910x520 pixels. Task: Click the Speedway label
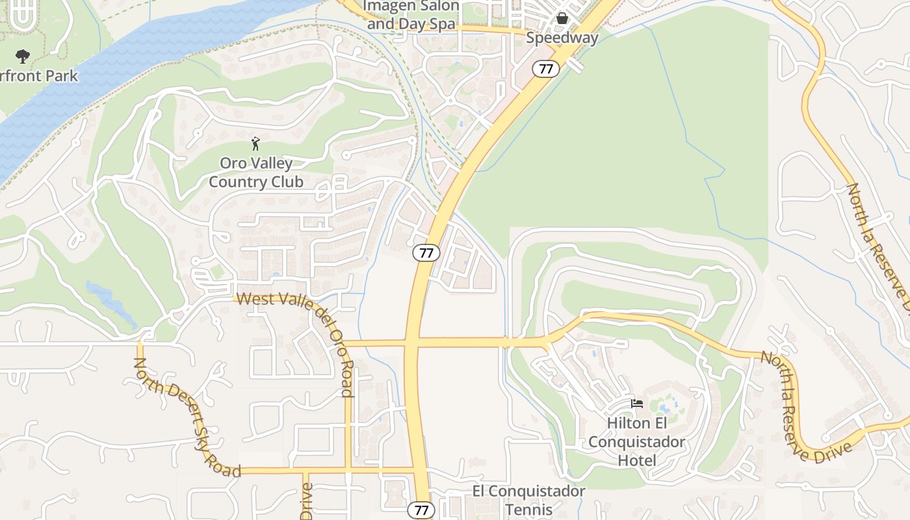(x=562, y=38)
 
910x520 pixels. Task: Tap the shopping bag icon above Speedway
(x=562, y=18)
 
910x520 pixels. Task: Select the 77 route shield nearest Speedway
(x=546, y=68)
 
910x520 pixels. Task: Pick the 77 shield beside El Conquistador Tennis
(x=421, y=510)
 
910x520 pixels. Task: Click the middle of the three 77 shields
(x=426, y=253)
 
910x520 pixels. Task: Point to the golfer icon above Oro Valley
(x=255, y=144)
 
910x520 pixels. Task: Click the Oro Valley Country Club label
(x=255, y=173)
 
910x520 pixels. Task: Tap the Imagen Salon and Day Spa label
(x=413, y=16)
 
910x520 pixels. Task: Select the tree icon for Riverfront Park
(x=23, y=57)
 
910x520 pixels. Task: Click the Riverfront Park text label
(x=39, y=76)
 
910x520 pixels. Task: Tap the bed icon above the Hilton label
(x=637, y=404)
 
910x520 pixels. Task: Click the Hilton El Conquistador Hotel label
(x=637, y=442)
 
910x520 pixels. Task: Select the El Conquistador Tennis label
(x=528, y=500)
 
